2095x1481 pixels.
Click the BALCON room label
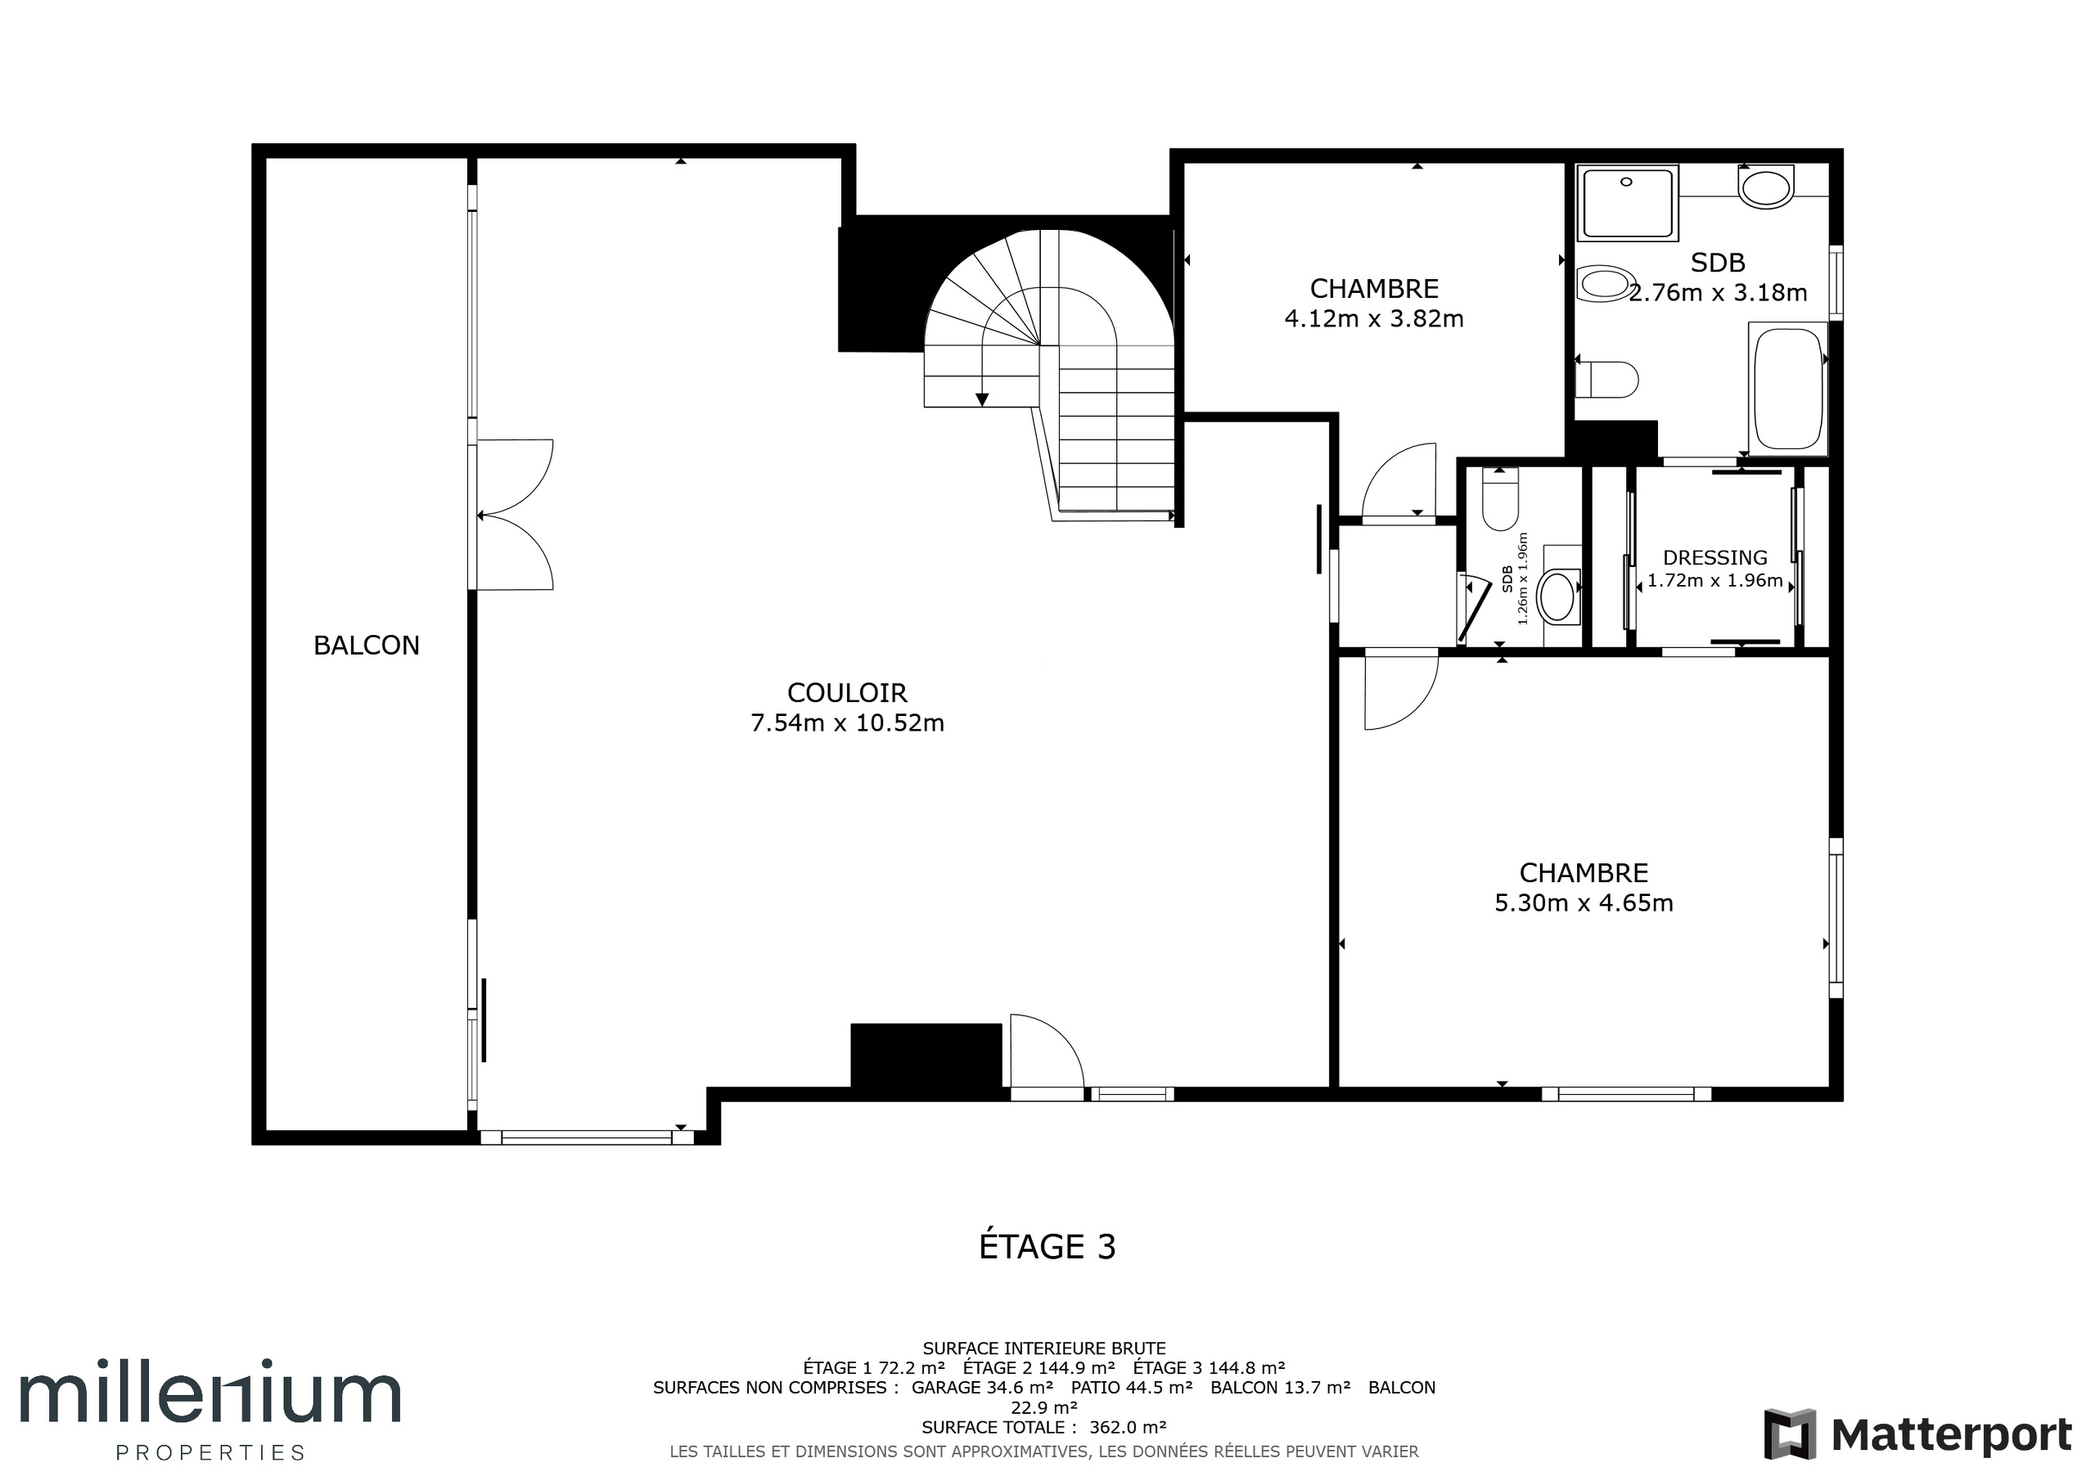[x=366, y=645]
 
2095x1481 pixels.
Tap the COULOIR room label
[x=847, y=692]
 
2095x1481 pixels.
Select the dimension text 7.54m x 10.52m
[x=847, y=722]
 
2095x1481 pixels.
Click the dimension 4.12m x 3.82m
[x=1373, y=318]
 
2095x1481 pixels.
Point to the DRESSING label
[x=1714, y=557]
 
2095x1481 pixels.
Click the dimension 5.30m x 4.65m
[x=1583, y=903]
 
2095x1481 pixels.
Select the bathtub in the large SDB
[x=1787, y=389]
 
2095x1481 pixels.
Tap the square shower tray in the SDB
[x=1627, y=203]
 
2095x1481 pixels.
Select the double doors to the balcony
[x=516, y=515]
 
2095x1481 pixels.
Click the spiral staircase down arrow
[x=982, y=398]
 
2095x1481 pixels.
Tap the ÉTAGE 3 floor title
[x=1047, y=1246]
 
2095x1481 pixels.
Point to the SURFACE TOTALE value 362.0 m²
[x=1127, y=1427]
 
